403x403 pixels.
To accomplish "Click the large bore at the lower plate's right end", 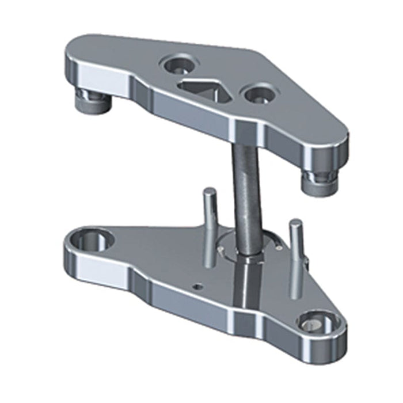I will (318, 322).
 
